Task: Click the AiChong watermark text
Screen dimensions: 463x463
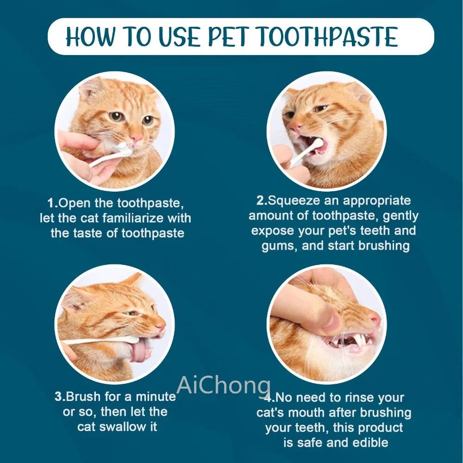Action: pyautogui.click(x=224, y=385)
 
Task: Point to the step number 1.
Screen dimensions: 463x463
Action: pyautogui.click(x=52, y=203)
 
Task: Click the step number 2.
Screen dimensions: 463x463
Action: pyautogui.click(x=261, y=200)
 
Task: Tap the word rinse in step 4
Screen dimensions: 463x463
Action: pyautogui.click(x=356, y=397)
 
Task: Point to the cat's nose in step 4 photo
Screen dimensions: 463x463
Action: pyautogui.click(x=374, y=319)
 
